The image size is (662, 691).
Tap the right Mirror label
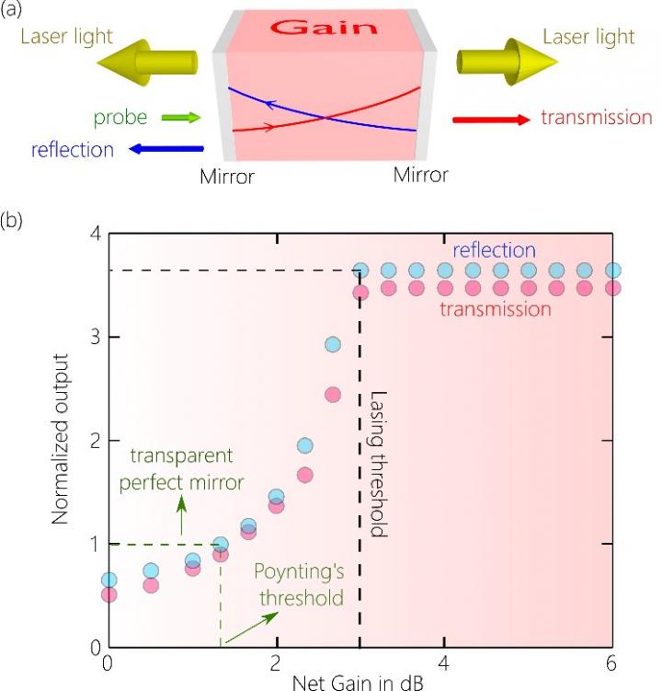[x=422, y=174]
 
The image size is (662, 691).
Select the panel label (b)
[x=16, y=223]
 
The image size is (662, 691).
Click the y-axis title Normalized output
[x=62, y=441]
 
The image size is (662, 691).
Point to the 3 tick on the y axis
[x=92, y=338]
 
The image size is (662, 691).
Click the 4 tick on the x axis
[x=444, y=664]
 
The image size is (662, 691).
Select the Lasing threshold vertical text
[x=380, y=465]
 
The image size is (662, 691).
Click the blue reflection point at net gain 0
[x=108, y=580]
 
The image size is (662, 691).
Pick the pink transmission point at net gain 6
[x=612, y=288]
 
